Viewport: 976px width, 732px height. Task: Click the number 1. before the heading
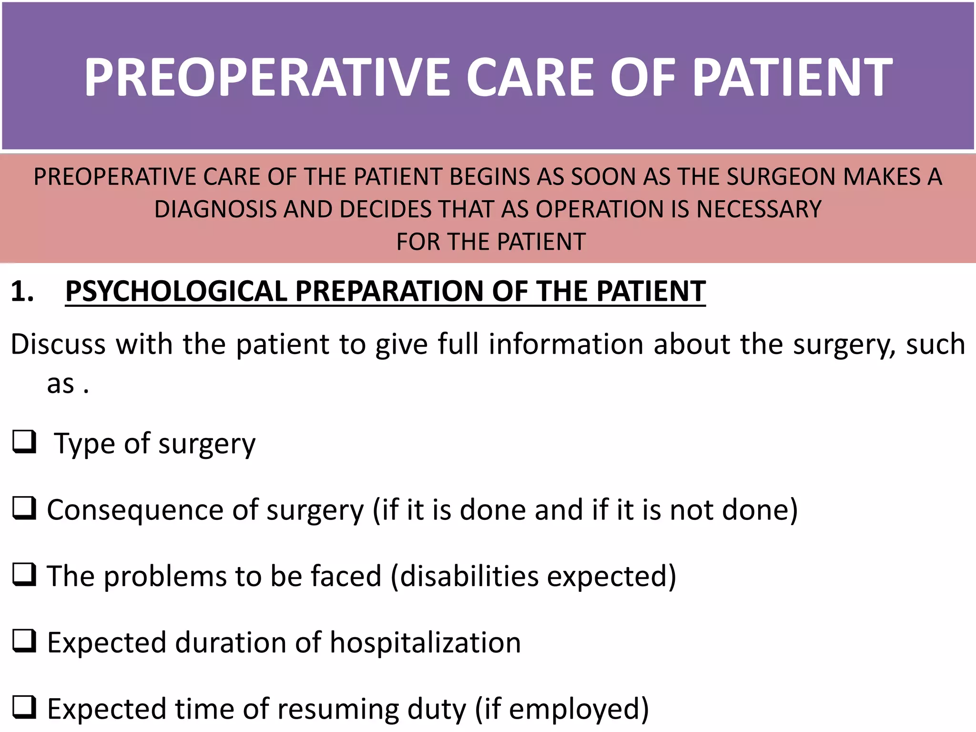point(22,291)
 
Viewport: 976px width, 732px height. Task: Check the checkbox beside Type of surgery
point(24,442)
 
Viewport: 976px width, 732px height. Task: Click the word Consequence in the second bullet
point(135,510)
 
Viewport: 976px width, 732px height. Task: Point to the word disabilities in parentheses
point(469,576)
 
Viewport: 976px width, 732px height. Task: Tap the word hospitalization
point(425,642)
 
